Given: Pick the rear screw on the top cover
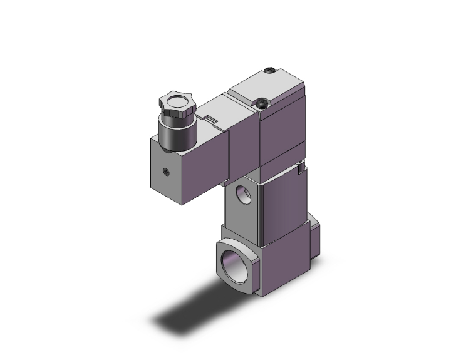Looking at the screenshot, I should [x=270, y=71].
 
